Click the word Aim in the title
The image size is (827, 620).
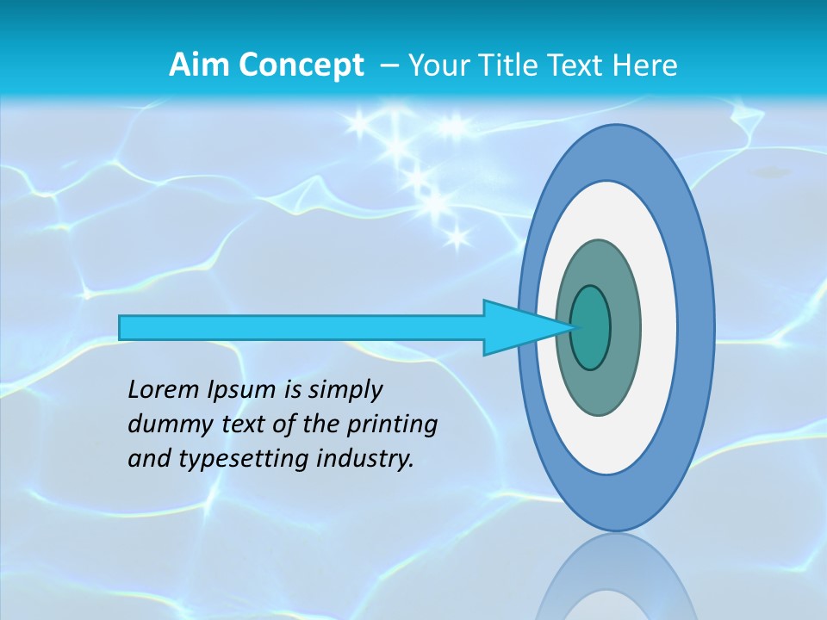pos(198,65)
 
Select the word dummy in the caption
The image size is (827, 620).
pos(164,425)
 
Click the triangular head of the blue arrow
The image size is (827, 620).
pos(517,327)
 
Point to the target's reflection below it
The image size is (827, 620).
pos(615,577)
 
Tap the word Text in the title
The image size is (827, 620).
pos(577,65)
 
